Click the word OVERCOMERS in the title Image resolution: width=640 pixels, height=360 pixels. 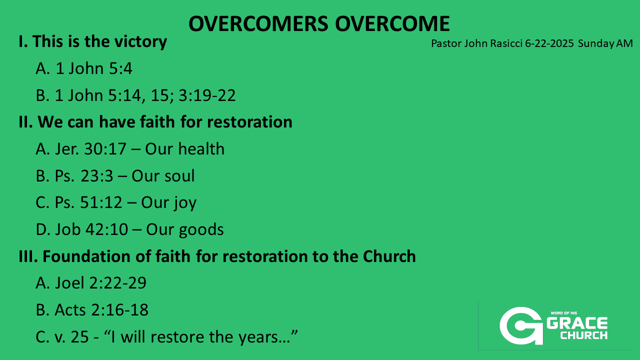pos(258,23)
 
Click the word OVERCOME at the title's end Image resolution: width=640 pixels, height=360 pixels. pos(392,23)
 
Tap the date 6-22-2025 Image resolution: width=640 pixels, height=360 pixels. pos(549,43)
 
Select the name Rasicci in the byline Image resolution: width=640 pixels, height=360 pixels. pos(506,43)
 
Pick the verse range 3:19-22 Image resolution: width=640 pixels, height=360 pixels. pos(207,95)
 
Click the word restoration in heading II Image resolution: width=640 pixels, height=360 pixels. pos(249,122)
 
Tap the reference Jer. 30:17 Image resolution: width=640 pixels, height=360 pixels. pos(90,149)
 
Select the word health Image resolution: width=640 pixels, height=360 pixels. pos(201,148)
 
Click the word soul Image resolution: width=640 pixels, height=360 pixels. pos(179,175)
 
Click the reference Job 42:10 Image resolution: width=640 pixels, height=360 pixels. pos(91,229)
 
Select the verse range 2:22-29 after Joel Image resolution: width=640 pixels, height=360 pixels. pos(117,283)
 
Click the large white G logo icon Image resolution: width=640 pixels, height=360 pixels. pos(521,325)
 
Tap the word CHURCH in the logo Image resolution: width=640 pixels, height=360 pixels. pos(583,335)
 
